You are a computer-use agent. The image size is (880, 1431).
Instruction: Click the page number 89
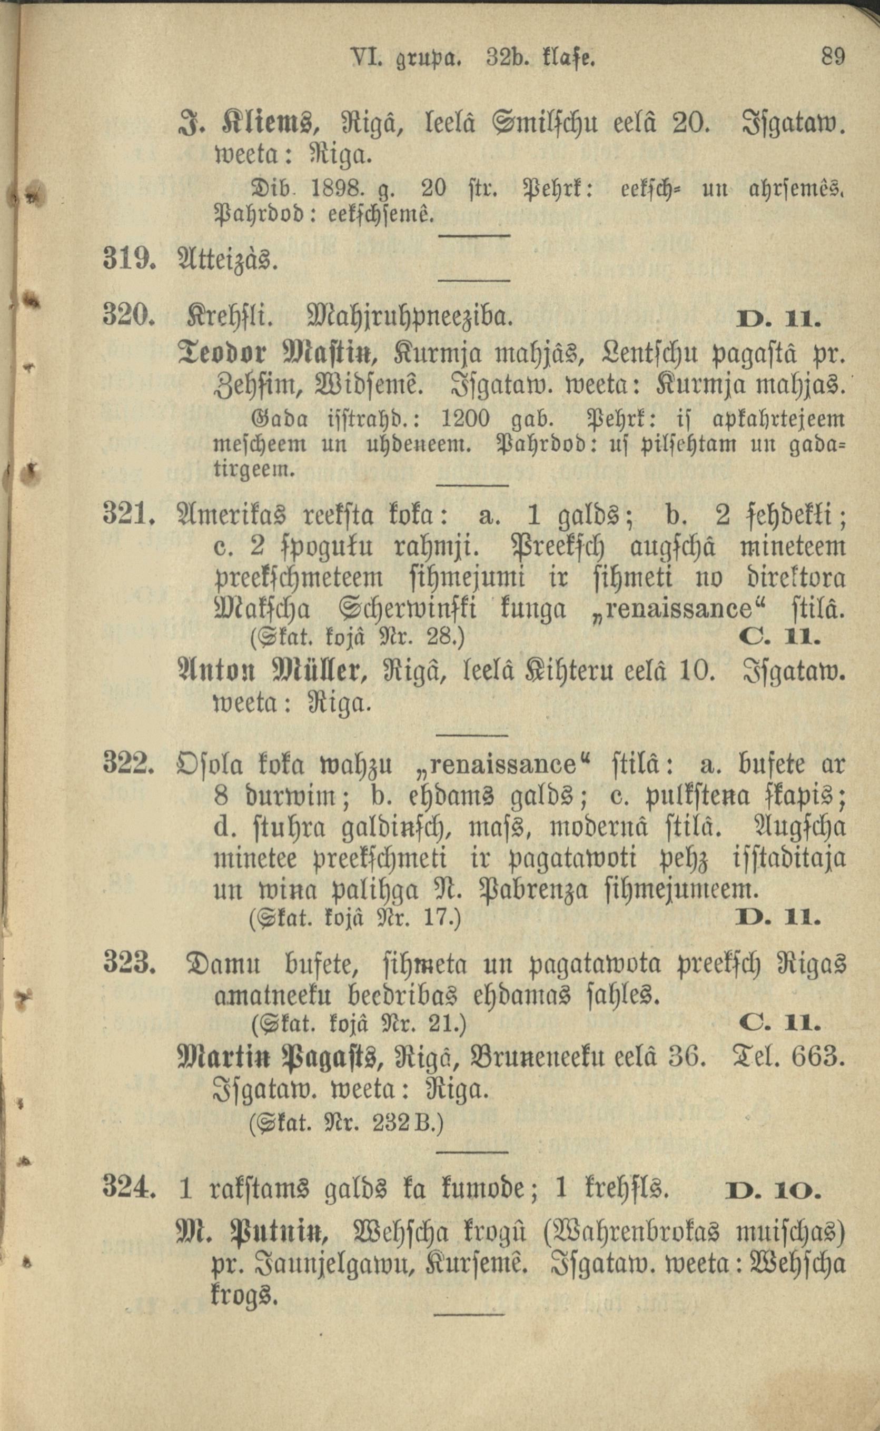coord(832,57)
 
